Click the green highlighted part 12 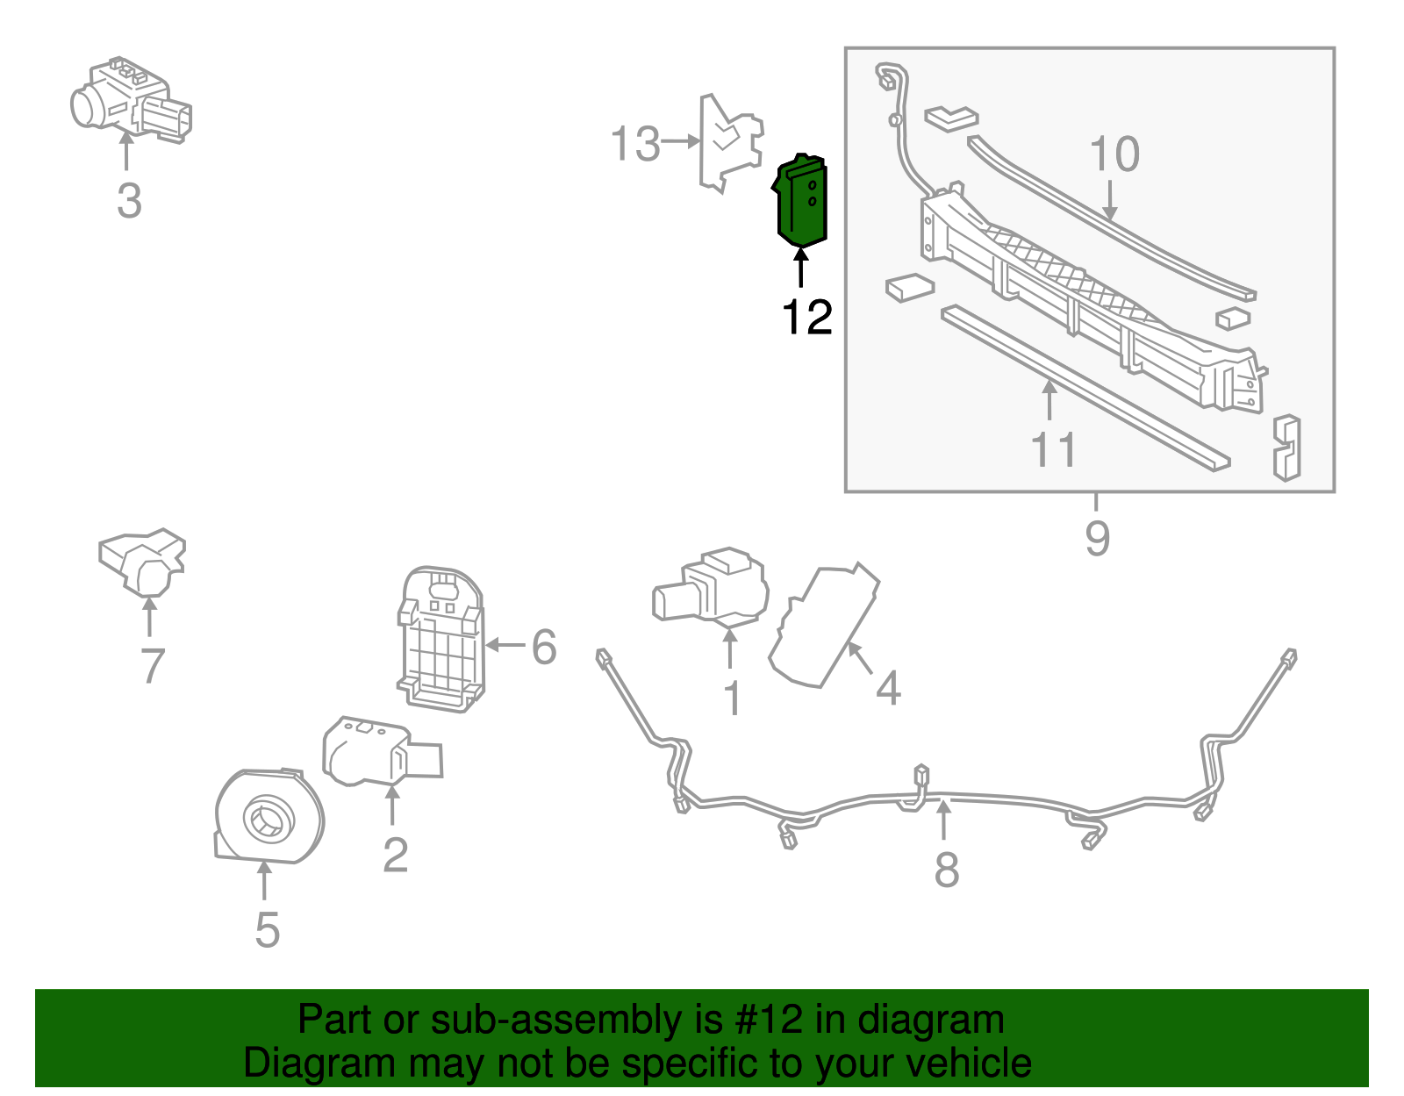[801, 200]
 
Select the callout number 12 [806, 318]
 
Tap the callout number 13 [634, 144]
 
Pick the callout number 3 [129, 201]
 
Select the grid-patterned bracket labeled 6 [441, 638]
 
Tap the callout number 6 [544, 648]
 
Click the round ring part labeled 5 [269, 819]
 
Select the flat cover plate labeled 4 [822, 626]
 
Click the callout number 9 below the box [1097, 538]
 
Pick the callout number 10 [1114, 154]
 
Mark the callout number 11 [1053, 450]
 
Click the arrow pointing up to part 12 [800, 267]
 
